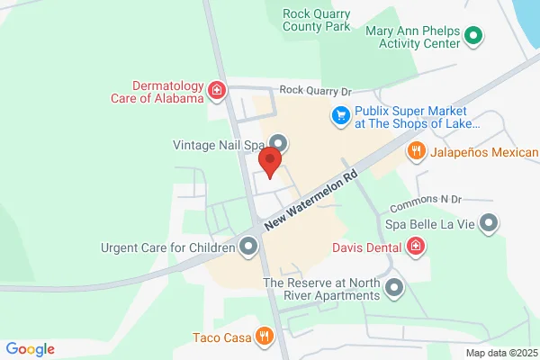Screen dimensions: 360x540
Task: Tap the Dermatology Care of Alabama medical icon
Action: tap(216, 90)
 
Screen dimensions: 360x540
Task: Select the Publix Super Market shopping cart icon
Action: tap(340, 115)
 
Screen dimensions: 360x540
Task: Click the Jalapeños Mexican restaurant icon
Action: tap(416, 151)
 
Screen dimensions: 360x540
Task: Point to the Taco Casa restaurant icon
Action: tap(264, 337)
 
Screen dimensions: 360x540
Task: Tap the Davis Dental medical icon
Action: tap(416, 245)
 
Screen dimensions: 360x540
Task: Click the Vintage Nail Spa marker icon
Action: tap(279, 143)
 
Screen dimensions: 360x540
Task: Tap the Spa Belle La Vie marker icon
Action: tap(489, 221)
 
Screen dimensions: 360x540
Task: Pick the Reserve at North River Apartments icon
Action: tap(393, 289)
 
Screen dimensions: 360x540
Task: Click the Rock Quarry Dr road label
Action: tap(316, 91)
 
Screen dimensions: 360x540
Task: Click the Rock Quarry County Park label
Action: tap(316, 21)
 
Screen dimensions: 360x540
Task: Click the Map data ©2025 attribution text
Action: tap(500, 353)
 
